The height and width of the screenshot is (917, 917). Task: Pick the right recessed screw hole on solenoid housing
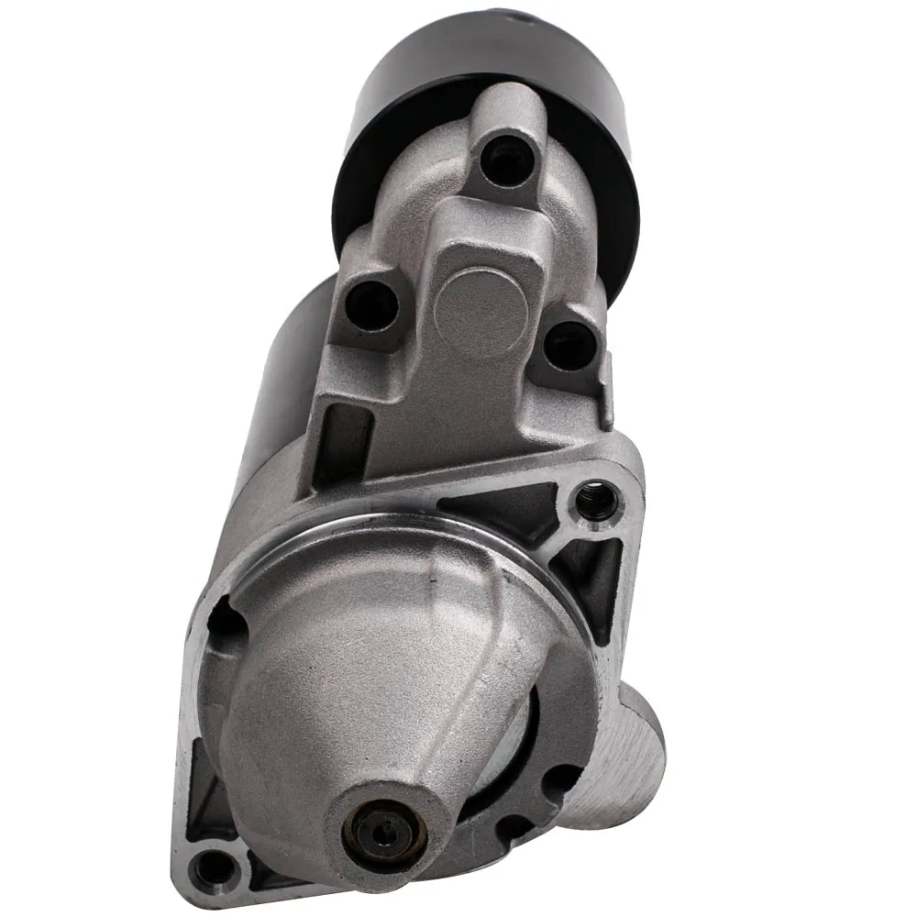coord(569,347)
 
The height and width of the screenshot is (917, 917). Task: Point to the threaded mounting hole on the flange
coord(596,499)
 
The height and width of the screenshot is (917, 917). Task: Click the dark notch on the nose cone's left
coord(225,624)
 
